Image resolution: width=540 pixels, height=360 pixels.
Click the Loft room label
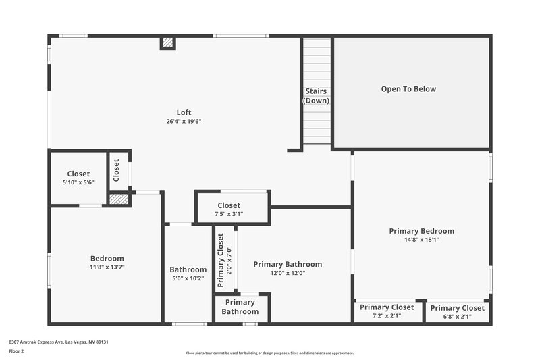click(x=184, y=112)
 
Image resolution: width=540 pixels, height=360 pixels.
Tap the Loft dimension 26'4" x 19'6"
click(x=184, y=122)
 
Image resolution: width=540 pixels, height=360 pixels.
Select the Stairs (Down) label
click(x=316, y=96)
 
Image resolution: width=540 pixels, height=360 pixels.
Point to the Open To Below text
click(x=408, y=88)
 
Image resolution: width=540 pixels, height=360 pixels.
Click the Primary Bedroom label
click(x=421, y=230)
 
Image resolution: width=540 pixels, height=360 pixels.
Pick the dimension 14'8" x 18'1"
click(x=421, y=239)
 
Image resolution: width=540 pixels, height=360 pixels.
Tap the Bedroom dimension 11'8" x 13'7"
click(x=107, y=267)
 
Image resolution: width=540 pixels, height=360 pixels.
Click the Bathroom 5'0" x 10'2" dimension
click(x=188, y=278)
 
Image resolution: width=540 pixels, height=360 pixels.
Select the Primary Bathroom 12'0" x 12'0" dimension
click(x=288, y=273)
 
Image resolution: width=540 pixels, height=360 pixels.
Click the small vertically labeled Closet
click(x=116, y=170)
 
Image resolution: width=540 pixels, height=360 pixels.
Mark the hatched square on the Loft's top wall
click(x=167, y=43)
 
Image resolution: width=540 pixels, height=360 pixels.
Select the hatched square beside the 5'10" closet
click(x=119, y=199)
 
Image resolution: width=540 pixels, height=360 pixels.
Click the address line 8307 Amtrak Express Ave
click(x=59, y=342)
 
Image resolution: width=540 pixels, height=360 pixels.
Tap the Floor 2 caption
click(x=16, y=351)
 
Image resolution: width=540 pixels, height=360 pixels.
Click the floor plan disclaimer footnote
click(x=269, y=353)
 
